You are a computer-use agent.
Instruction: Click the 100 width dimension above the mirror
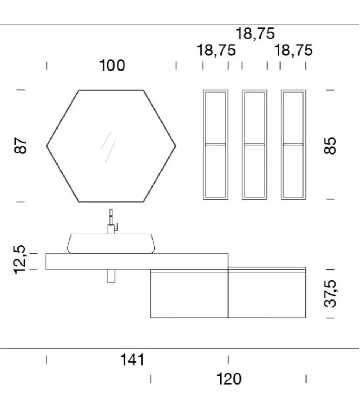point(112,65)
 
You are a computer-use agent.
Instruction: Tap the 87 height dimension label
point(20,145)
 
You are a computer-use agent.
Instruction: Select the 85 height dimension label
point(330,146)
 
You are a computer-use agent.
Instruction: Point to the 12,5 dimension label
point(20,260)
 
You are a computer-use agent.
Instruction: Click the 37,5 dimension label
point(330,294)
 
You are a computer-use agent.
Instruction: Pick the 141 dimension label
point(132,360)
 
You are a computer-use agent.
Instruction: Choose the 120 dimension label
point(229,379)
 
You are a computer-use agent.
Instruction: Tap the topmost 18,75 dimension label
point(255,34)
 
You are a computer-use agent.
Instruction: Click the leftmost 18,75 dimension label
point(216,50)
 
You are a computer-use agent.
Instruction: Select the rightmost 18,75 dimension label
point(294,50)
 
